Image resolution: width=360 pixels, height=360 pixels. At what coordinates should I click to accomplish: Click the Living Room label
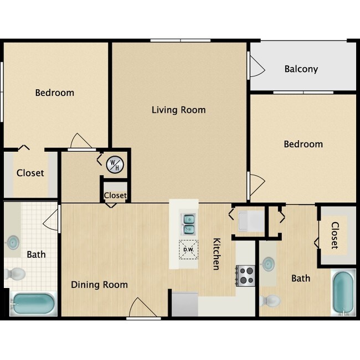178,110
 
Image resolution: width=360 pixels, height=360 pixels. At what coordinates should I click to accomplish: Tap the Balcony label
301,69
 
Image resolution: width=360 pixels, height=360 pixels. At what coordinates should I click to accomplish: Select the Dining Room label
99,285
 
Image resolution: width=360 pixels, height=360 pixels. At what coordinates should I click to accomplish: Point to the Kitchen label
217,254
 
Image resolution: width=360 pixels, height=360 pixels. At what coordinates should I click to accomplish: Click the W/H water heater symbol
115,164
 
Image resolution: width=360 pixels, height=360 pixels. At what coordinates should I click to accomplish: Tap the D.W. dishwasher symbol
188,249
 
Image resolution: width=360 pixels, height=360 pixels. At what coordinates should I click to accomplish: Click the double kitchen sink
188,223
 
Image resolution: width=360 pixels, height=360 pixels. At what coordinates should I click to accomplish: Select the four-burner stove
246,275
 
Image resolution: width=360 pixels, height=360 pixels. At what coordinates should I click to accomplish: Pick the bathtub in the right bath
343,292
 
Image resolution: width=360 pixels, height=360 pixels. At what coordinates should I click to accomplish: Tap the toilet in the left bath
16,274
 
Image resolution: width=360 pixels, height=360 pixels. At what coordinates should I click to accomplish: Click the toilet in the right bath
270,301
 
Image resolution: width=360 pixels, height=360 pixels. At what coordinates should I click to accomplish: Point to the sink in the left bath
12,243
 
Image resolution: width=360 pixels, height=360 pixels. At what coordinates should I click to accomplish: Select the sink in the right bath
268,264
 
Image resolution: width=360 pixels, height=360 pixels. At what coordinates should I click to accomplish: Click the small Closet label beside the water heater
115,196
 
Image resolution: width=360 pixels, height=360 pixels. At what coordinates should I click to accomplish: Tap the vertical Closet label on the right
335,235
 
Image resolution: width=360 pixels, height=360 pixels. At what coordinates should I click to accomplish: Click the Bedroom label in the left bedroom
54,92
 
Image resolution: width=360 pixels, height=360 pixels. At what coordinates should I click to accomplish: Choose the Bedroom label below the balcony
303,144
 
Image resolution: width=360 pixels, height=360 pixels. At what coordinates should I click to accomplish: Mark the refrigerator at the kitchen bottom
184,305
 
